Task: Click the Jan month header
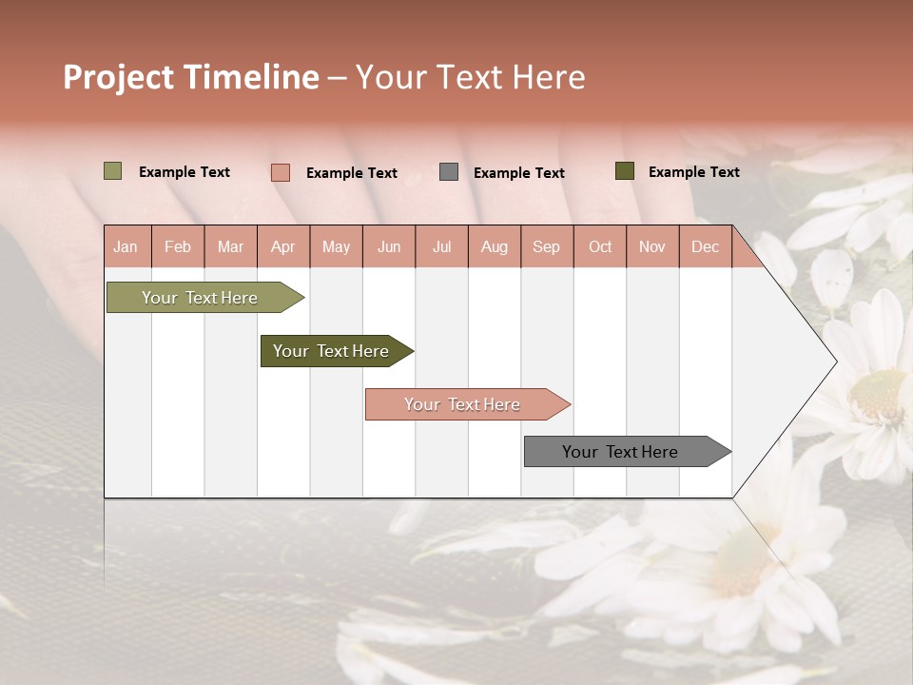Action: pos(126,247)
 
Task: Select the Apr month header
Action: pos(283,247)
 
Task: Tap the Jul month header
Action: pos(441,247)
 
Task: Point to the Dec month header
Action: pos(705,247)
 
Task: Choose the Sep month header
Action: pos(546,247)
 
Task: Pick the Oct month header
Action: pos(600,247)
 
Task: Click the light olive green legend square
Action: pos(112,171)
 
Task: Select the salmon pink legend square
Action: pos(280,172)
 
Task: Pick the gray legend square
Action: pos(449,172)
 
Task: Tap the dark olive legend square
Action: pos(624,171)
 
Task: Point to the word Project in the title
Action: pos(119,77)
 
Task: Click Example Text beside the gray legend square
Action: pos(518,173)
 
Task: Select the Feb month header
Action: pos(178,247)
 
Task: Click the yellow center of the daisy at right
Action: pos(877,394)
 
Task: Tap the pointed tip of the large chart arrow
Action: pos(835,362)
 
